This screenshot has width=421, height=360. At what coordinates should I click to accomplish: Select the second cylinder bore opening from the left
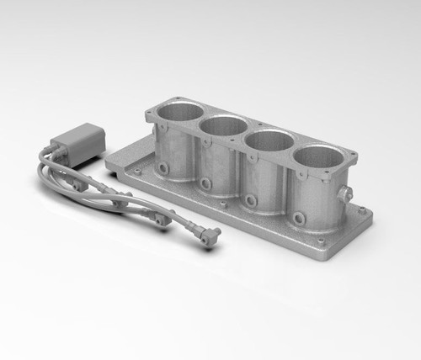click(x=224, y=125)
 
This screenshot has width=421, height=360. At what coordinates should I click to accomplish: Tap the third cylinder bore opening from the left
click(x=269, y=140)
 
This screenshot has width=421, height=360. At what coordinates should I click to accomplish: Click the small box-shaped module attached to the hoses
click(x=77, y=140)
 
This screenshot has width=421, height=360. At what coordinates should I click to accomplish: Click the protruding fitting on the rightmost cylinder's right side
click(x=344, y=195)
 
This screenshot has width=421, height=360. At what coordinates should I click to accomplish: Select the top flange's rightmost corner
click(x=354, y=156)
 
